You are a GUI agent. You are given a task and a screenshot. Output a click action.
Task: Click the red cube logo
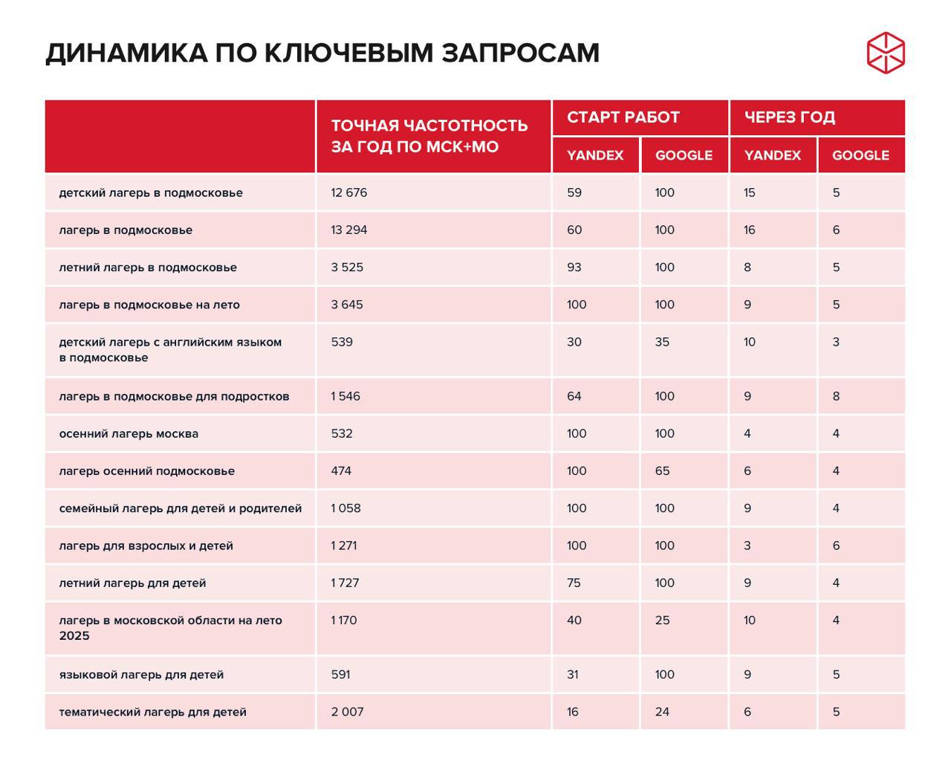pyautogui.click(x=886, y=53)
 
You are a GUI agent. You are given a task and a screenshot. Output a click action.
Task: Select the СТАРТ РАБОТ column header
pyautogui.click(x=623, y=117)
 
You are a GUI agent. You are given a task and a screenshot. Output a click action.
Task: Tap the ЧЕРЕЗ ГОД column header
pyautogui.click(x=789, y=117)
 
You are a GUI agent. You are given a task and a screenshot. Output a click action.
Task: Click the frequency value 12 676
pyautogui.click(x=348, y=192)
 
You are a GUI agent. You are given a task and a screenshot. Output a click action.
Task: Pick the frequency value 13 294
pyautogui.click(x=348, y=230)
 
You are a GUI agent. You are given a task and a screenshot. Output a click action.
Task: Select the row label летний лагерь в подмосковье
pyautogui.click(x=148, y=268)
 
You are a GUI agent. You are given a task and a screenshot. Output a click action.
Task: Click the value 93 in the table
pyautogui.click(x=574, y=268)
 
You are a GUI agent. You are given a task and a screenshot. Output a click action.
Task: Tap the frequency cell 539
pyautogui.click(x=342, y=342)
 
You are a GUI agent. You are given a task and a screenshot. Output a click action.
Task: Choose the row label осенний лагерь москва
pyautogui.click(x=129, y=434)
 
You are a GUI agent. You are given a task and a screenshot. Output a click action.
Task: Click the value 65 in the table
pyautogui.click(x=662, y=471)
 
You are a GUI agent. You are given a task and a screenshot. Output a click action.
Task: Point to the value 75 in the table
pyautogui.click(x=574, y=583)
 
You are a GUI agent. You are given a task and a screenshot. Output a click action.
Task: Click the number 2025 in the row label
pyautogui.click(x=74, y=636)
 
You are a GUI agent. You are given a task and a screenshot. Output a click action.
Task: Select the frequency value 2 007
pyautogui.click(x=347, y=712)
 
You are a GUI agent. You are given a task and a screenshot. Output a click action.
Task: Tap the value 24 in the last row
pyautogui.click(x=662, y=712)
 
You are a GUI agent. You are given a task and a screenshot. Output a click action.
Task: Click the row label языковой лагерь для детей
pyautogui.click(x=141, y=675)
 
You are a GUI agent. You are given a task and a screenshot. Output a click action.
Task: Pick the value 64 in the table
pyautogui.click(x=574, y=396)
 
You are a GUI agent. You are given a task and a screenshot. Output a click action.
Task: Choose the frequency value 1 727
pyautogui.click(x=345, y=583)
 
